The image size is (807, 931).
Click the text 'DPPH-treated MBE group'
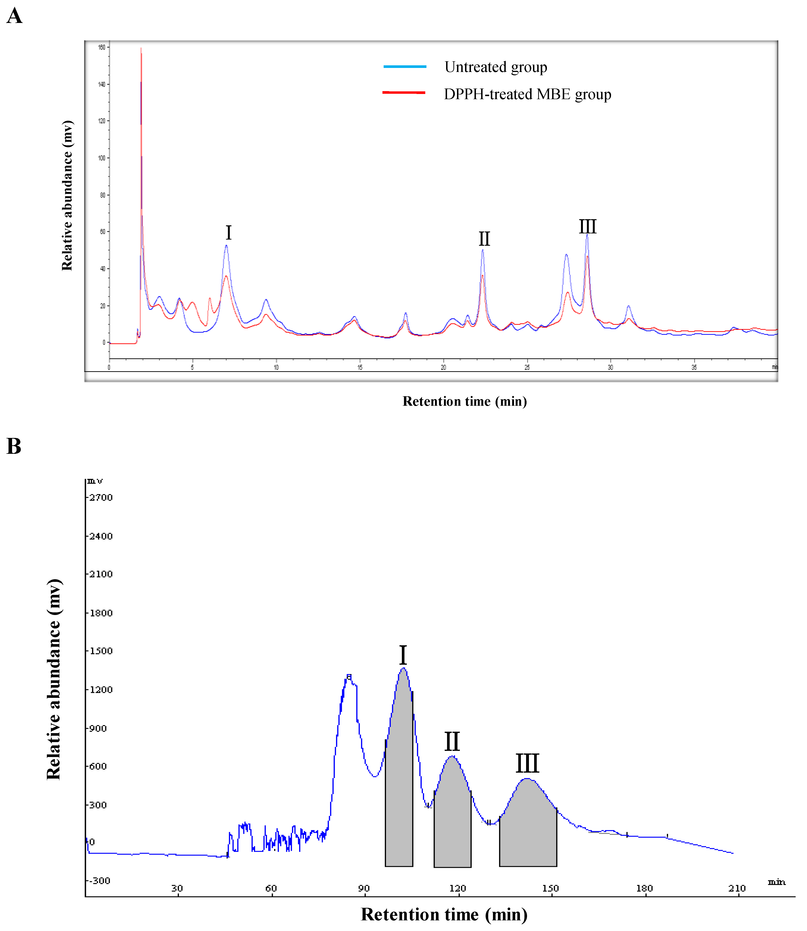point(527,94)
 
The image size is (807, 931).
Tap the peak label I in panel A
point(228,233)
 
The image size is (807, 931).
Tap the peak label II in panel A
point(484,239)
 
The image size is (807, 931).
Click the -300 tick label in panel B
point(99,881)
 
